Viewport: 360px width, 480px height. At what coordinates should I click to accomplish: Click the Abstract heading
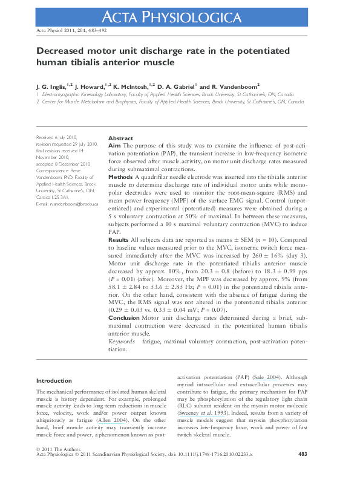point(120,138)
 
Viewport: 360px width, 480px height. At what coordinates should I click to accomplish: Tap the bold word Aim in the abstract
point(114,146)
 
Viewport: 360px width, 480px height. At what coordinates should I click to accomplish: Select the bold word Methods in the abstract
point(120,177)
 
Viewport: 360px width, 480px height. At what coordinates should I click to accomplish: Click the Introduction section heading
point(54,381)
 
